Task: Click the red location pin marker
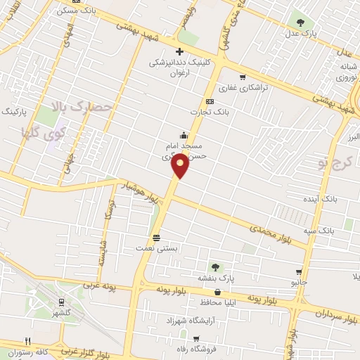pyautogui.click(x=180, y=167)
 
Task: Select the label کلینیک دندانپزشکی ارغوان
pyautogui.click(x=179, y=67)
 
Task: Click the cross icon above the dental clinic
pyautogui.click(x=180, y=51)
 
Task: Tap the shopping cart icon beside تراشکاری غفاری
pyautogui.click(x=243, y=77)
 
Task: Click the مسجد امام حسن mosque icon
pyautogui.click(x=183, y=135)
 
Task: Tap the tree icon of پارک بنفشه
pyautogui.click(x=214, y=266)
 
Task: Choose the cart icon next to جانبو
pyautogui.click(x=299, y=272)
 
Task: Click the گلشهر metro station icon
pyautogui.click(x=62, y=302)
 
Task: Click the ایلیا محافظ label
pyautogui.click(x=224, y=302)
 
